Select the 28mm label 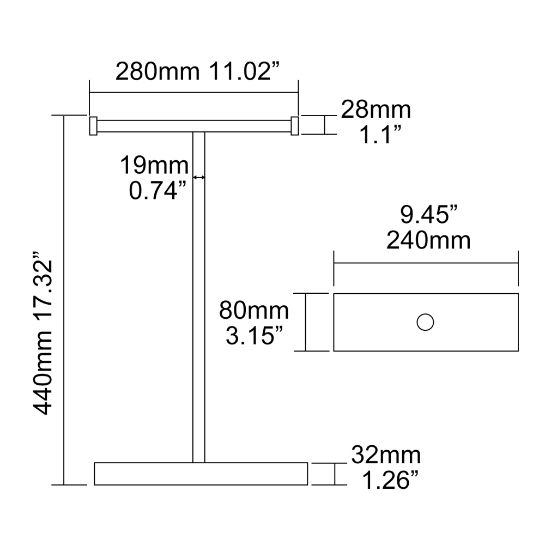point(376,110)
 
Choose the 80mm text point(254,311)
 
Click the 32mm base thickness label point(386,454)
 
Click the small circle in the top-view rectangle point(425,322)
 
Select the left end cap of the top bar point(93,125)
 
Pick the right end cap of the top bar point(295,125)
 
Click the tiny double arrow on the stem point(199,177)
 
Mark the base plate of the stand point(201,473)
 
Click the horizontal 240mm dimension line point(426,263)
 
